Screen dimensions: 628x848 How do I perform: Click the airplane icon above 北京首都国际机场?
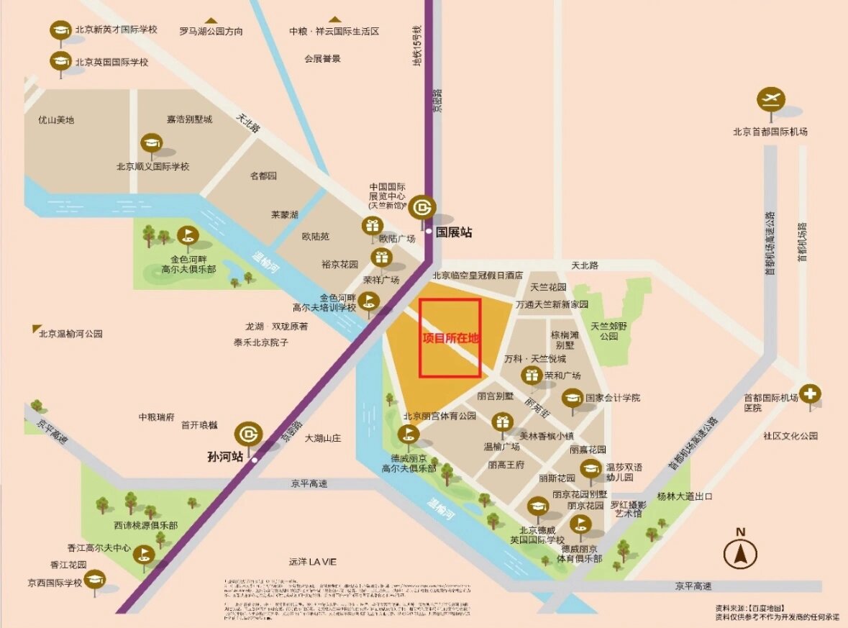coord(770,100)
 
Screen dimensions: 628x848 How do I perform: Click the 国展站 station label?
coord(455,232)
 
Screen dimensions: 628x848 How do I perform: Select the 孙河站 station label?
coord(225,457)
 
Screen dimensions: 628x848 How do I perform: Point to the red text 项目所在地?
coord(450,338)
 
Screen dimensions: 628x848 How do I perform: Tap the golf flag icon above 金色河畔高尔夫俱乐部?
coord(188,235)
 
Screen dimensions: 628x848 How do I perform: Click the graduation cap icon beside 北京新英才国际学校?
coord(60,31)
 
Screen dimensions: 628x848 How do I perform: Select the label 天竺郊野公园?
coord(605,331)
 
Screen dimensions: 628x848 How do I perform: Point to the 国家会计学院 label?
coord(612,398)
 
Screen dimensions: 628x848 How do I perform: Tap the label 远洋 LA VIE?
coord(313,561)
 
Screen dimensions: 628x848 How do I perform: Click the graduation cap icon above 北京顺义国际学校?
coord(151,142)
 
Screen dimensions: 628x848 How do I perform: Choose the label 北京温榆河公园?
coord(71,334)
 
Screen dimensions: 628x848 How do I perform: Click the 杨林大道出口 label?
coord(684,496)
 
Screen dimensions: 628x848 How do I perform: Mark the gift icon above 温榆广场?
coord(501,422)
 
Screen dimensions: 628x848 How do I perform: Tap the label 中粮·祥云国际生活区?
coord(334,32)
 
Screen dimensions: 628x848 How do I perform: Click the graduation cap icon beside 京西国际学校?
coord(95,579)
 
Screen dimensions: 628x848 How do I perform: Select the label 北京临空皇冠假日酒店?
coord(477,276)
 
